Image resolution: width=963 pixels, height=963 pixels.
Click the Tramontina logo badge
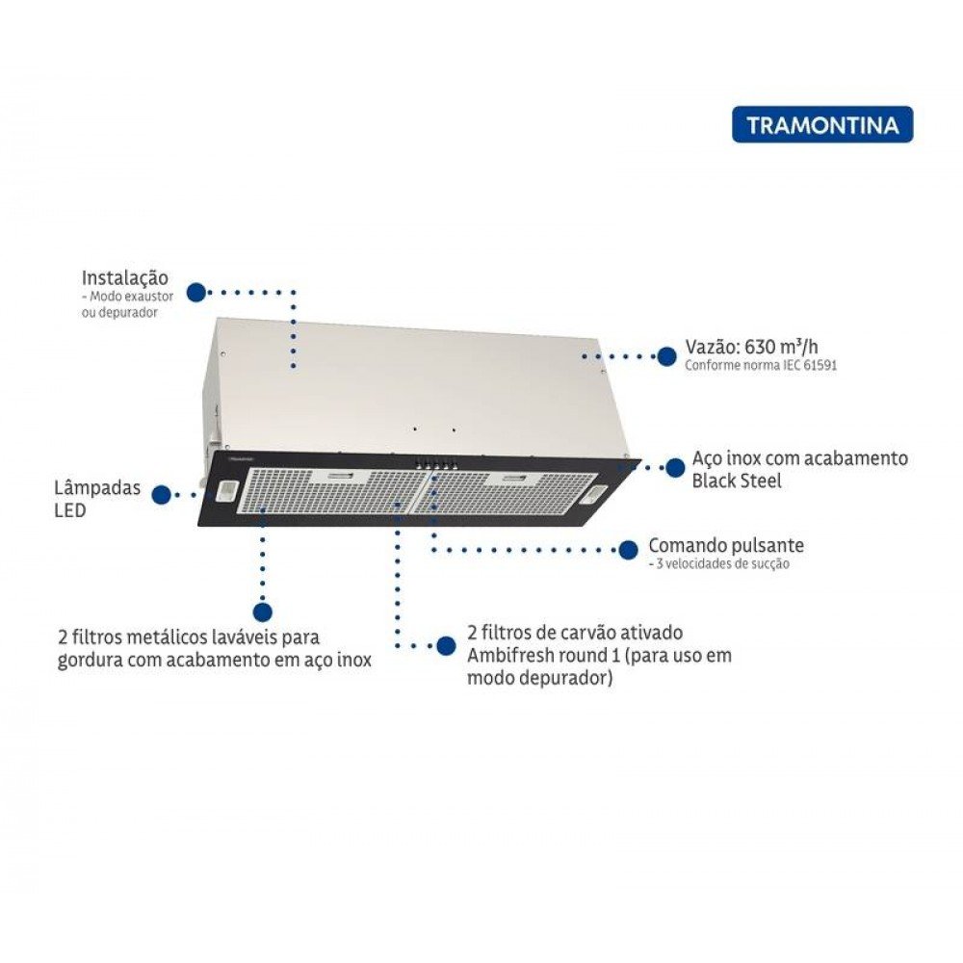pos(822,124)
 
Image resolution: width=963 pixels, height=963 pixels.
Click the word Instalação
pos(124,277)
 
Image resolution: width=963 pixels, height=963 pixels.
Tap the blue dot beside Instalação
pos(195,293)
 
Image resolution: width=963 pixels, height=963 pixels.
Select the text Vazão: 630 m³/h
pos(752,347)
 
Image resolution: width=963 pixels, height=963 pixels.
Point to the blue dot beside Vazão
pos(666,355)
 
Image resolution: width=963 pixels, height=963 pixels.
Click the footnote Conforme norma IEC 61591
pos(761,365)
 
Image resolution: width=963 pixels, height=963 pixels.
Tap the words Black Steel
pos(737,481)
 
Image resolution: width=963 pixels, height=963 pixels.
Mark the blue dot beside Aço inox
pos(676,467)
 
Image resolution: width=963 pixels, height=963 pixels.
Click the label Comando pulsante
pos(726,545)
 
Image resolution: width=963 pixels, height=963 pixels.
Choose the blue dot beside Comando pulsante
pos(628,550)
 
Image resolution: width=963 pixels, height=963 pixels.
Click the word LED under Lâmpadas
pos(70,510)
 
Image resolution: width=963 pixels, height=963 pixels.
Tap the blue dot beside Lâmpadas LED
pos(162,494)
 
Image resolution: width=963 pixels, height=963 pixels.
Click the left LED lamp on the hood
pos(225,489)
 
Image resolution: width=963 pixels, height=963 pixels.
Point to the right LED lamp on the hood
pos(594,492)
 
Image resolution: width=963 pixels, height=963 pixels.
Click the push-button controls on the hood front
pos(435,465)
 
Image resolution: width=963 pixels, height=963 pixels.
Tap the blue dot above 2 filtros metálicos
pos(263,612)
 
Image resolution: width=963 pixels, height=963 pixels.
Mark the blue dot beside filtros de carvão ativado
pos(446,645)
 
